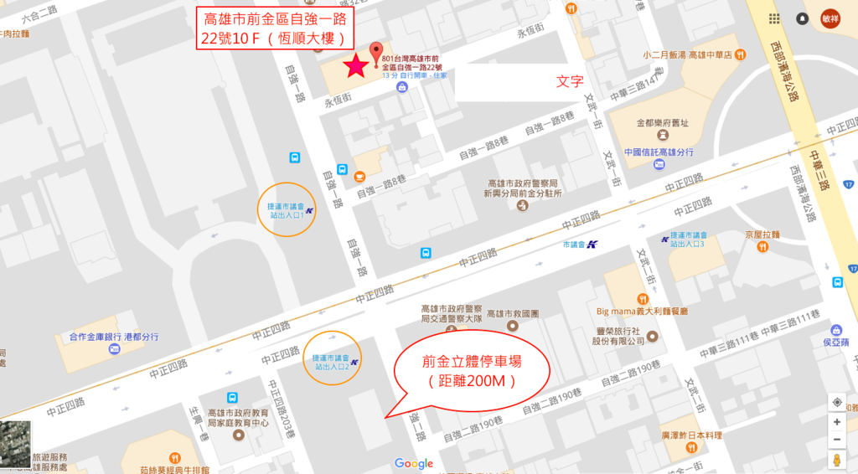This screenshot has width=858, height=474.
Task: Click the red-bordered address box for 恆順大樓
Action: [272, 29]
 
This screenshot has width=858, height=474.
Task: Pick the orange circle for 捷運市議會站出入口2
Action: [333, 358]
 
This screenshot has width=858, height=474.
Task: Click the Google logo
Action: [414, 463]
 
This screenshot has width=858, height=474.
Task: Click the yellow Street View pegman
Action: [836, 460]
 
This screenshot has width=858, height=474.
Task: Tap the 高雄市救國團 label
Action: [512, 313]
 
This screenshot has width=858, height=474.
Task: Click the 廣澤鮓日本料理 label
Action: [691, 435]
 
